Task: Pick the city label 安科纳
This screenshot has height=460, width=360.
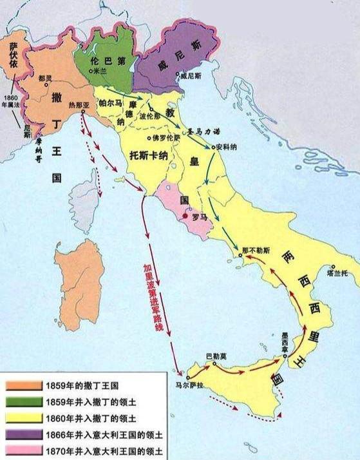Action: coord(228,146)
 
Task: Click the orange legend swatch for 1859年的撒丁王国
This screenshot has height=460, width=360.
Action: coord(24,387)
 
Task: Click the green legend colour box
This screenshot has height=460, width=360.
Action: coord(24,402)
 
